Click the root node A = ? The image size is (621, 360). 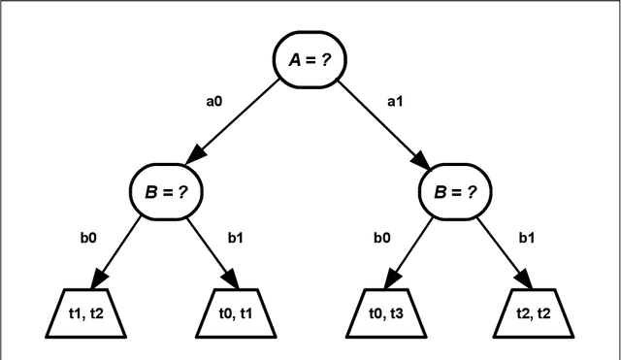pos(310,59)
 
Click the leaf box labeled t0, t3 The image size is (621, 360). pos(385,312)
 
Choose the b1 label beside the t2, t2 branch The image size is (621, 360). pos(527,236)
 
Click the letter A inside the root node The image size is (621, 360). pos(295,59)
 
